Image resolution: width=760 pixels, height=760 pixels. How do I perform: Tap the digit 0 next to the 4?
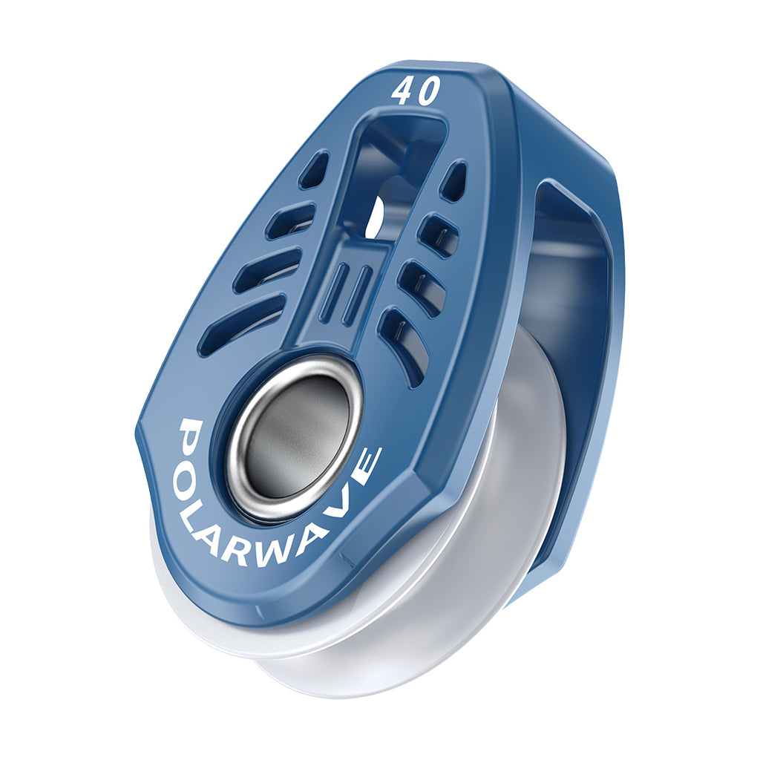(x=429, y=90)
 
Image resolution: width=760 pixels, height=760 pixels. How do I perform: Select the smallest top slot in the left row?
(x=314, y=170)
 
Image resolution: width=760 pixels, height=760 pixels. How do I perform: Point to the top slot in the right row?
(x=453, y=180)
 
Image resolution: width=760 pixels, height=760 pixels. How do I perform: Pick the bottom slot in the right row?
(x=404, y=345)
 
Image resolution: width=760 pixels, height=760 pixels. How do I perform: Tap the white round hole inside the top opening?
(x=377, y=217)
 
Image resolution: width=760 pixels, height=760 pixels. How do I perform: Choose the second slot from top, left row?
(x=290, y=221)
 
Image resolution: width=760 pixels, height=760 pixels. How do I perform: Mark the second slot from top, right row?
(x=437, y=235)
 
